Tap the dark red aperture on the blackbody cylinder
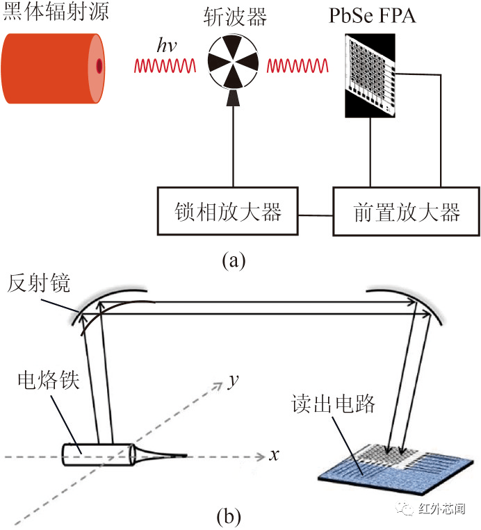(99, 66)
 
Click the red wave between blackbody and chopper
(164, 66)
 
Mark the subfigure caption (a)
(234, 260)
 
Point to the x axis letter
(274, 456)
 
